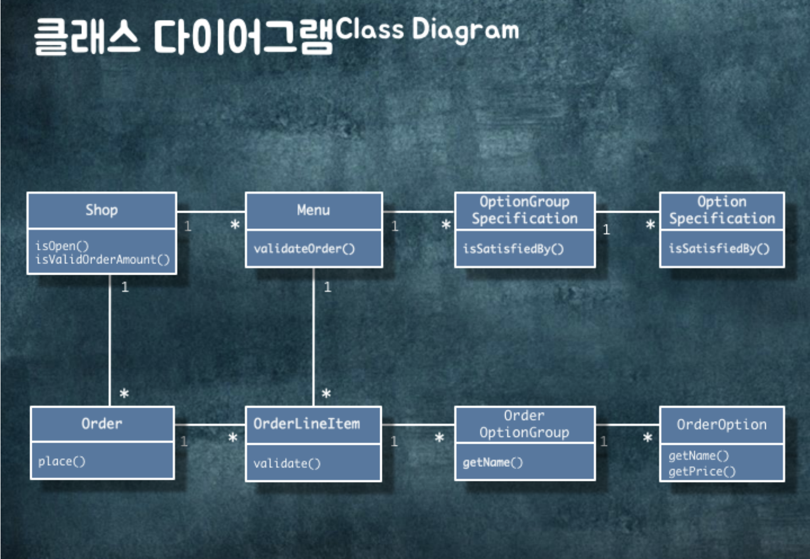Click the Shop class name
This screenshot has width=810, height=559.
[x=101, y=210]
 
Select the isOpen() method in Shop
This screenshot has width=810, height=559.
[x=62, y=246]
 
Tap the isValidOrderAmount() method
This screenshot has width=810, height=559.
[x=102, y=260]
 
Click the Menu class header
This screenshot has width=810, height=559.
[x=313, y=210]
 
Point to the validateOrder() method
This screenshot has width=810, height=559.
[x=304, y=249]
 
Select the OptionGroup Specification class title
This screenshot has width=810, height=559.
[x=525, y=210]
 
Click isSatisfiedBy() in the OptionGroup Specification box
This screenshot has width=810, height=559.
[x=513, y=249]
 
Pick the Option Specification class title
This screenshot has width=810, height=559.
[x=722, y=210]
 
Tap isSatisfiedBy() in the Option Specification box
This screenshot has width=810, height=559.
[x=719, y=248]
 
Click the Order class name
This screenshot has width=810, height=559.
[x=102, y=424]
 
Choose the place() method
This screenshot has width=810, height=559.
[x=61, y=462]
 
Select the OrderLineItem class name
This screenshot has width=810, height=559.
[x=306, y=424]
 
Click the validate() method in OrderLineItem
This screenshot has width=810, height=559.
[x=287, y=463]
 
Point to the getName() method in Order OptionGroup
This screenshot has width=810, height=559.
[x=493, y=463]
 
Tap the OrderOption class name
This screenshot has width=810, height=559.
[x=722, y=425]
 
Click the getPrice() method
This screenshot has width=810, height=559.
[x=702, y=472]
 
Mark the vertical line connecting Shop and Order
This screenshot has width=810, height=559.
[x=110, y=339]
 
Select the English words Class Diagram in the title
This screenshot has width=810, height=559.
[x=427, y=30]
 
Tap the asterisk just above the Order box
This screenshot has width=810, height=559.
[x=124, y=394]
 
